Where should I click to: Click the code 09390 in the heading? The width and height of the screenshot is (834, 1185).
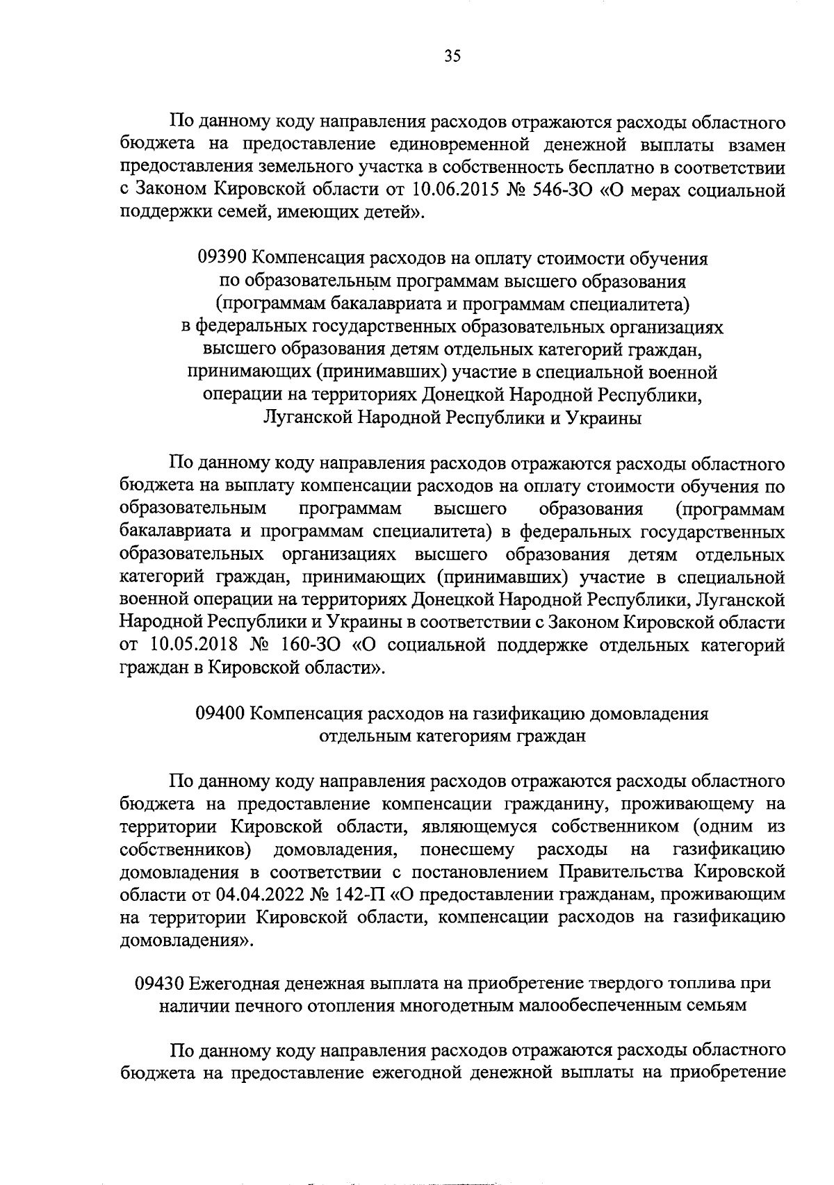tap(222, 259)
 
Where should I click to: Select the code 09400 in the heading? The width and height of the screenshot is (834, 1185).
tap(219, 713)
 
